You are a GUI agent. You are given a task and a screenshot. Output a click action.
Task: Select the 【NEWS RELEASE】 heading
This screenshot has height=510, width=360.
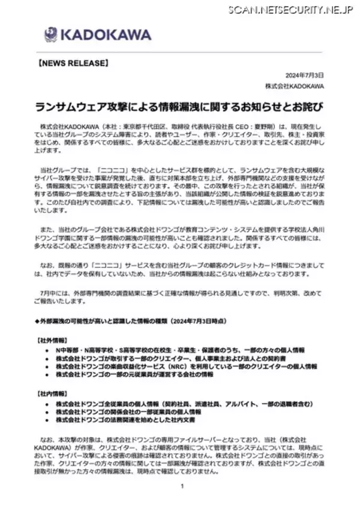coord(73,62)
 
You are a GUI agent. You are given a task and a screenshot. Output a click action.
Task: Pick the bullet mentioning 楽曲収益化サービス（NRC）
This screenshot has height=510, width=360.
coord(186,366)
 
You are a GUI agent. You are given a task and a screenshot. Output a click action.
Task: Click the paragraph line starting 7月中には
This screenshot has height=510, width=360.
coord(180,292)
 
